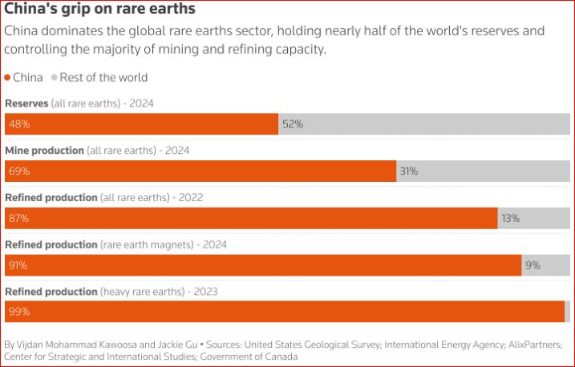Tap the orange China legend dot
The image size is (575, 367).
[x=8, y=78]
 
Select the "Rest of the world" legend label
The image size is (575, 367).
[x=103, y=78]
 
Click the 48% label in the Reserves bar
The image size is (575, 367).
[x=18, y=124]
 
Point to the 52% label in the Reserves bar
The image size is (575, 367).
[x=292, y=124]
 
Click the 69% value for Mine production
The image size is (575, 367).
[x=18, y=171]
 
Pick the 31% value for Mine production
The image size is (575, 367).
[x=409, y=171]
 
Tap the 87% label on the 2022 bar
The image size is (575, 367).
[x=18, y=218]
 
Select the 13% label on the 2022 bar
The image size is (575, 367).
[x=510, y=218]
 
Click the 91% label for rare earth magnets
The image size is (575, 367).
[x=18, y=264]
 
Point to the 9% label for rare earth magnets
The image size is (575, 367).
[x=532, y=264]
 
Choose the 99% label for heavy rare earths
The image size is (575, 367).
[x=18, y=312]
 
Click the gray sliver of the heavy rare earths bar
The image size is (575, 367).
[x=567, y=312]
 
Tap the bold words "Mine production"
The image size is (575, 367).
[x=45, y=150]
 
